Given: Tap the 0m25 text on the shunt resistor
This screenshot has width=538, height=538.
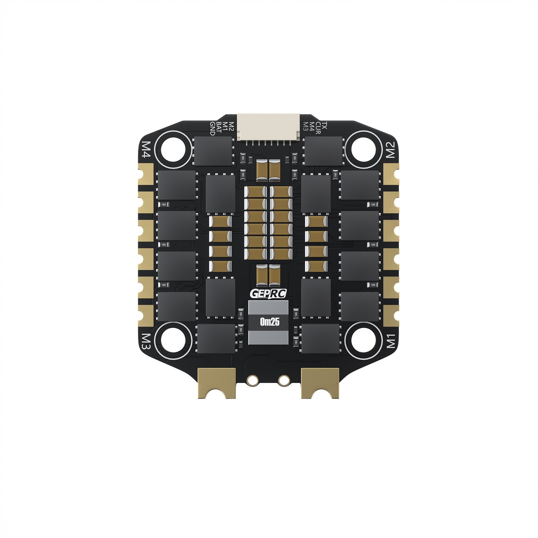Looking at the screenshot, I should pos(269,323).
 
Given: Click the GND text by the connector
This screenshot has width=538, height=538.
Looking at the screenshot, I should pos(212,128).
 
